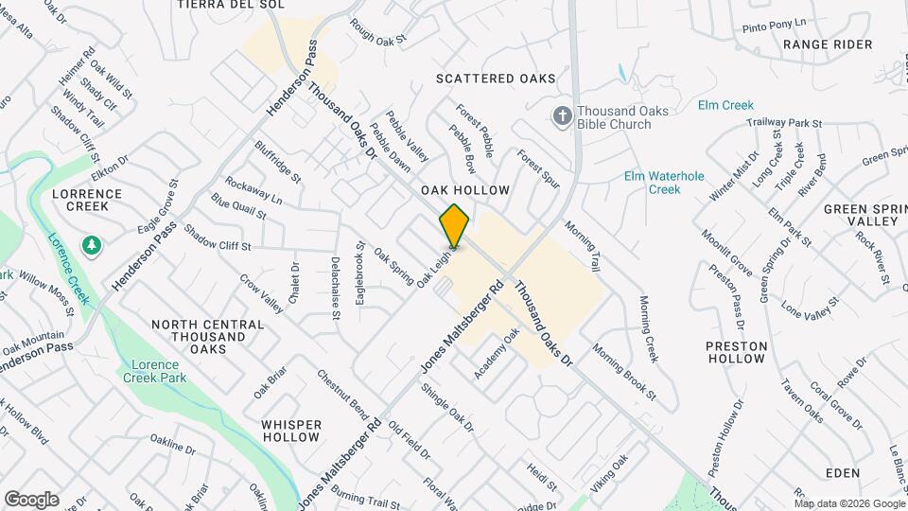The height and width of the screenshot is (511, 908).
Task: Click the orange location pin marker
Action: click(x=454, y=225)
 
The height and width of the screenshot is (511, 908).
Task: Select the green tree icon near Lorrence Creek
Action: click(x=92, y=246)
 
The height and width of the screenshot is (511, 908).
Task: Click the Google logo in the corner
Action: click(x=31, y=500)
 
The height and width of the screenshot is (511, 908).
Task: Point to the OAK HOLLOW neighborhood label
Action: click(x=472, y=190)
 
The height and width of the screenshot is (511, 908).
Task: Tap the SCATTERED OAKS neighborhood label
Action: click(x=496, y=79)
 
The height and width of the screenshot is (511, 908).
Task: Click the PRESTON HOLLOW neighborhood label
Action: click(x=736, y=352)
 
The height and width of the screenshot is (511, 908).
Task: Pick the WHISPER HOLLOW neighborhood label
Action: click(x=291, y=431)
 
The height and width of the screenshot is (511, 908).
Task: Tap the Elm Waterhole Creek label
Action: click(x=652, y=183)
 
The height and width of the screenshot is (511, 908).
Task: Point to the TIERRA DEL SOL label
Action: click(x=218, y=5)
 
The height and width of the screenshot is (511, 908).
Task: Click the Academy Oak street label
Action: click(x=498, y=353)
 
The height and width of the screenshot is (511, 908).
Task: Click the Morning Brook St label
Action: click(x=623, y=370)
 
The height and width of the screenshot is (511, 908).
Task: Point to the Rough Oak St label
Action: click(x=377, y=32)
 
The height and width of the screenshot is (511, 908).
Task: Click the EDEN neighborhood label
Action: click(x=842, y=472)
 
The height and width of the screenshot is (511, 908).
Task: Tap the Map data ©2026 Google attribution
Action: click(x=849, y=502)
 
